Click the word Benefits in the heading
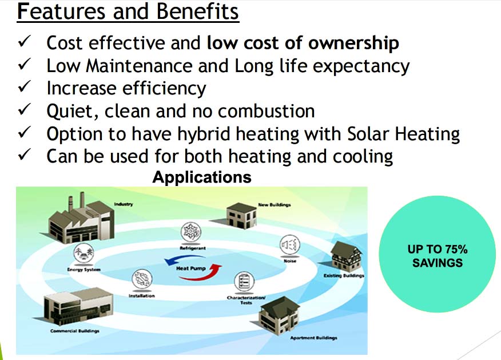coord(197,11)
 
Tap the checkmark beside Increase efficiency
coord(24,86)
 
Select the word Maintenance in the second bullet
coord(139,66)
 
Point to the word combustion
coord(266,111)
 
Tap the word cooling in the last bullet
coord(363,157)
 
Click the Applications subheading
coord(202,177)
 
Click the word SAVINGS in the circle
coord(438,263)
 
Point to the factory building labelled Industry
coord(81,218)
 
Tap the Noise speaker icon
coord(290,245)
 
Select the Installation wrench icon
coord(142,279)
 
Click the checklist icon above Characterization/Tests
coord(244,282)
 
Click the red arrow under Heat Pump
coord(201,274)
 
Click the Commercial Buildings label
coord(75,331)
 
